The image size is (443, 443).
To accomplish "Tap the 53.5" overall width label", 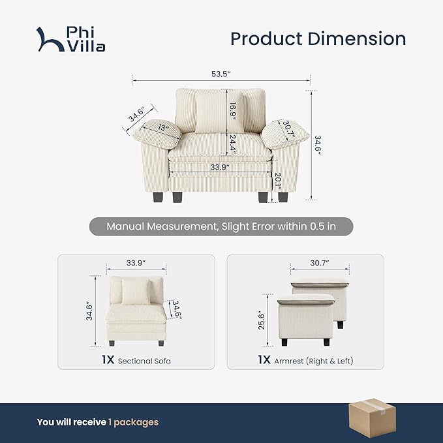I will pyautogui.click(x=220, y=74).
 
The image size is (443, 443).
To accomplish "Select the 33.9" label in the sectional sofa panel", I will pyautogui.click(x=136, y=264).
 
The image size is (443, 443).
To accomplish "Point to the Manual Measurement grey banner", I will pyautogui.click(x=221, y=227).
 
